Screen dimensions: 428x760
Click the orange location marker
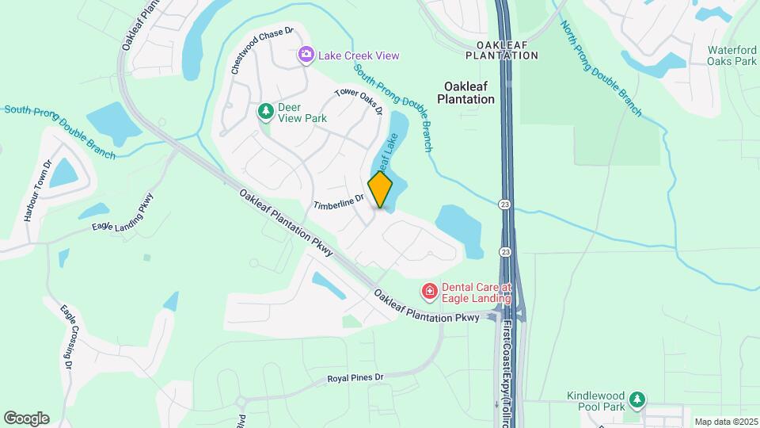(x=381, y=189)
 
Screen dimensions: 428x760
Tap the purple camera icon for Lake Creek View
(x=306, y=55)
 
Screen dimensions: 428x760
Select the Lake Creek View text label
(x=359, y=55)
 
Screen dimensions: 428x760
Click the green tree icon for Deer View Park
(x=266, y=111)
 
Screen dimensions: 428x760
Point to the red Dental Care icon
(x=430, y=292)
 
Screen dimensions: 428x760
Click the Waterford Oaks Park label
(x=731, y=55)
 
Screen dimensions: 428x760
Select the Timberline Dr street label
(x=338, y=203)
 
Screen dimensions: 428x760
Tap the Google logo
(x=26, y=418)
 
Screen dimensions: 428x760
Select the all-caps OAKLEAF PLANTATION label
(x=502, y=50)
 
